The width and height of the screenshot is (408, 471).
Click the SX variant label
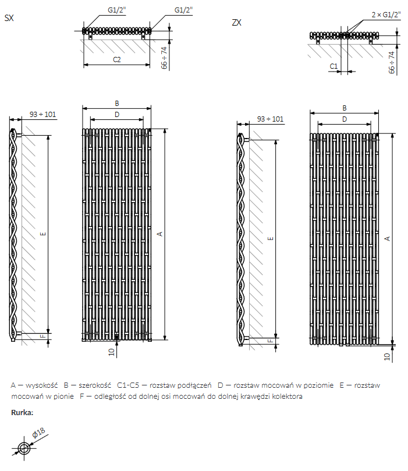[9, 18]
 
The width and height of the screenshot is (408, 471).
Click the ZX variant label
[236, 23]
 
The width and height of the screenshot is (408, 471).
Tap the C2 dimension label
[116, 59]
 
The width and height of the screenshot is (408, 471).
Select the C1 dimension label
[334, 66]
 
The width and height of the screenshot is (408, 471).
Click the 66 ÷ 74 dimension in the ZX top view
[392, 62]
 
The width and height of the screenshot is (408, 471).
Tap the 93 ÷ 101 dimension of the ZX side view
[270, 119]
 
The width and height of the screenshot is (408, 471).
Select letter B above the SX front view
[116, 104]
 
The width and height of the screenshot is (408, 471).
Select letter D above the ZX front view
[344, 119]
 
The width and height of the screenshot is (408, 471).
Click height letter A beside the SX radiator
[160, 233]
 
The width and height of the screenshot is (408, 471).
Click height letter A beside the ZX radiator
[388, 238]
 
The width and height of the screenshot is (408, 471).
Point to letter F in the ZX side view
[270, 341]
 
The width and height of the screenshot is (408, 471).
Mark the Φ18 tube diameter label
[40, 434]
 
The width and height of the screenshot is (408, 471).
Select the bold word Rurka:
[22, 412]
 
